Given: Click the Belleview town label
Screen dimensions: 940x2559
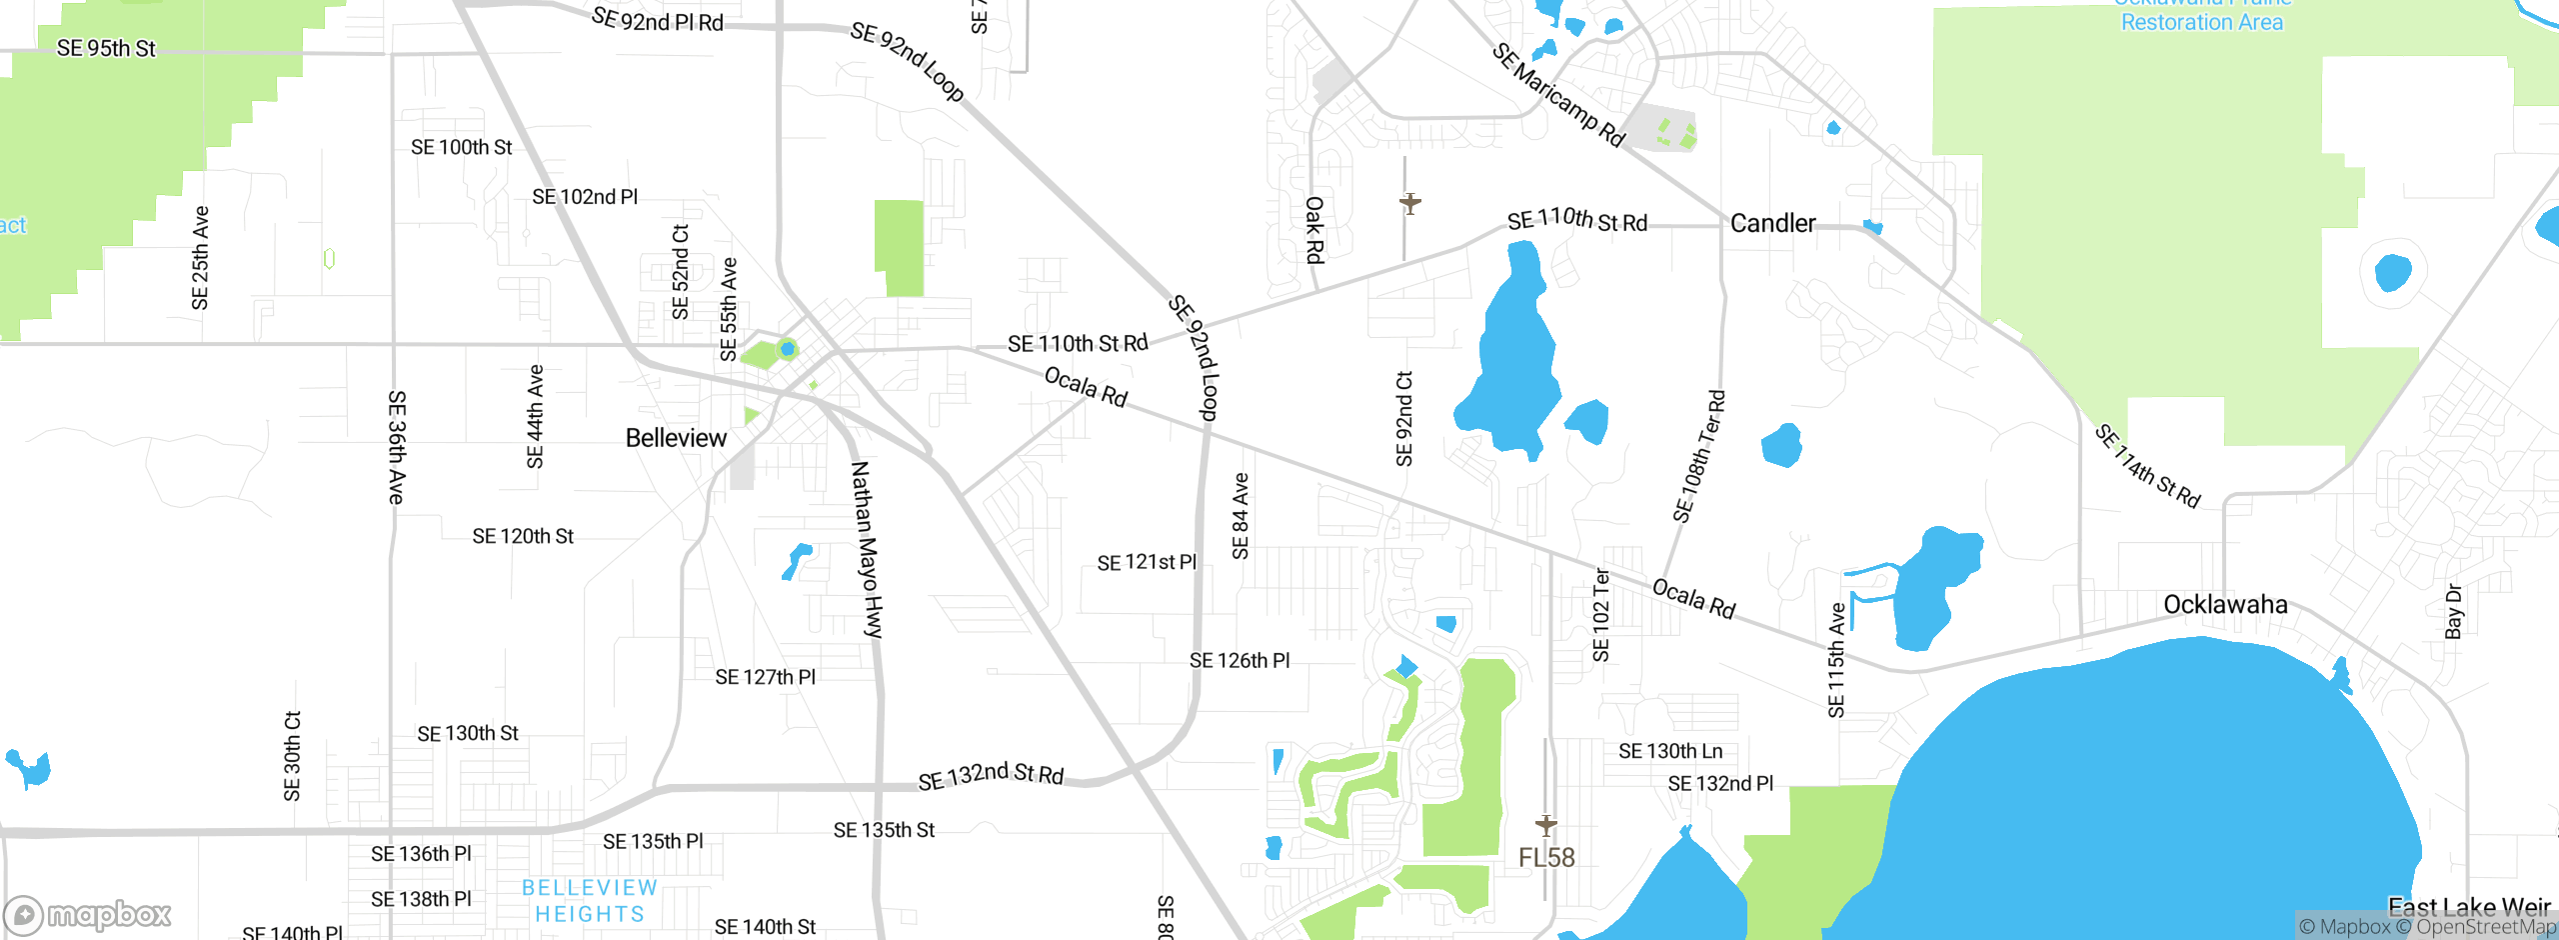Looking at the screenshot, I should (x=676, y=438).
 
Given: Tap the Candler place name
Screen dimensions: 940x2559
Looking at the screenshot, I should (x=1772, y=223).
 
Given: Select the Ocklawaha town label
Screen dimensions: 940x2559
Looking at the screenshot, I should (x=2225, y=604).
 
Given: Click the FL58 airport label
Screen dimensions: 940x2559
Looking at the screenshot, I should (x=1546, y=857).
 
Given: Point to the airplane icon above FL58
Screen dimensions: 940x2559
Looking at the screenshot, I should (x=1546, y=825).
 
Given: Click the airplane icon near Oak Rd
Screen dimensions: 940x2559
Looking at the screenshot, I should (x=1409, y=204).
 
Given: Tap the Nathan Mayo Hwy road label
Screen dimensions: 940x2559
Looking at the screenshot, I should (x=867, y=550).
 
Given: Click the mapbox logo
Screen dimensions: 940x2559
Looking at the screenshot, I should (x=88, y=914).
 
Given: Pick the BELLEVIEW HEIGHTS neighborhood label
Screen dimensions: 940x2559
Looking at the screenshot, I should (x=590, y=900).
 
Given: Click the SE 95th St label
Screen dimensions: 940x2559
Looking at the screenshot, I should (x=106, y=48).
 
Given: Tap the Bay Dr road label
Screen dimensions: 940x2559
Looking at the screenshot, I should (x=2453, y=611).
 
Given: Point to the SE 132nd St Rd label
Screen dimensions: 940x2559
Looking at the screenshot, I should (x=991, y=775).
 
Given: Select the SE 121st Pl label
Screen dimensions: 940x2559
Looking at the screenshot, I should (x=1147, y=563).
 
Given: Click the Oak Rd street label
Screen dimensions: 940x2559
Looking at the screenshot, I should (x=1314, y=230).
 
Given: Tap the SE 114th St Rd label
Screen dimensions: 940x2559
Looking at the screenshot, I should (x=2147, y=466).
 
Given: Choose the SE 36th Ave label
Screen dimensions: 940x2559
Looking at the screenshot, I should (x=397, y=447).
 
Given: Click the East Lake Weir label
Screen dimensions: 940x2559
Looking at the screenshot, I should (x=2469, y=907).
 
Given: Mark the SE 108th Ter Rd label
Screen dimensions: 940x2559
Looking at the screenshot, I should (x=1698, y=457).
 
